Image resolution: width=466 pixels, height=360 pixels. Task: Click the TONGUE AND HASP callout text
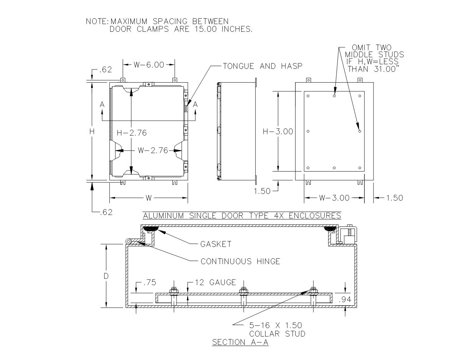[263, 66]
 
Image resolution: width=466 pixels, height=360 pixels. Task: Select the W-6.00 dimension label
[149, 65]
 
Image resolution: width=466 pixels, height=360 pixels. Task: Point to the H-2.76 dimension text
[132, 133]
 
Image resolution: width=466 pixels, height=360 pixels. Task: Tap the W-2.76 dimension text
[153, 150]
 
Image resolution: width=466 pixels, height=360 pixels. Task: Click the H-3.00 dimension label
[278, 131]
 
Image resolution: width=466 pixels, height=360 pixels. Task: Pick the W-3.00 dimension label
[334, 198]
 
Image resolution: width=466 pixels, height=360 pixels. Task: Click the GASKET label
[216, 244]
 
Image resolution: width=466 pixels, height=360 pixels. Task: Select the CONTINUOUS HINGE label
[240, 262]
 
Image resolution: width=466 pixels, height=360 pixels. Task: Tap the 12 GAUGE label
[215, 282]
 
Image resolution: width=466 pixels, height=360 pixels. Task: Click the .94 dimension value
[345, 300]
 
